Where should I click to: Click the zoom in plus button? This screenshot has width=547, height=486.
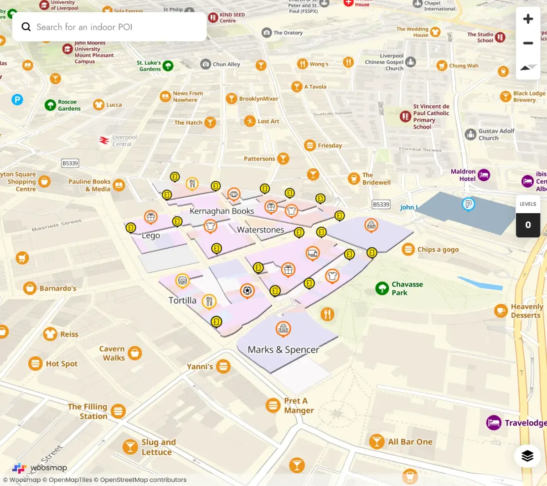point(528,19)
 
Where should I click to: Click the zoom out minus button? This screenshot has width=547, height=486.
point(528,43)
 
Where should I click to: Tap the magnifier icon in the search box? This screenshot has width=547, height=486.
point(26,27)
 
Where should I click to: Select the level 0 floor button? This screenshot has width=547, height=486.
point(528,225)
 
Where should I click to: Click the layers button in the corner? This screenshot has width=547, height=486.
point(527,455)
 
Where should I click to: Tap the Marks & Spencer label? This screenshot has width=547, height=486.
point(283,350)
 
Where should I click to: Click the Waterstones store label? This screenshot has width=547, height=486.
point(260,230)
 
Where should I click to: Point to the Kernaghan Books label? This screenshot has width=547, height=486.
point(222,211)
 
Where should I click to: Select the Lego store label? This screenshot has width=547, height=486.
point(150,235)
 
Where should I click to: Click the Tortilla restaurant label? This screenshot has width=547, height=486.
point(182,301)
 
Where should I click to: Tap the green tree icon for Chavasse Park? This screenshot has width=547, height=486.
point(382,288)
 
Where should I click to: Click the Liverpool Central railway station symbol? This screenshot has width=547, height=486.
point(104,140)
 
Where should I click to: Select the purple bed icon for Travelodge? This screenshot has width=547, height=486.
point(494,423)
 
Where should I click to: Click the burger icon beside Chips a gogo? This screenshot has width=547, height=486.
point(408,250)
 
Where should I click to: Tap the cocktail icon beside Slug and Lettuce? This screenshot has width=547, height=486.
point(130,447)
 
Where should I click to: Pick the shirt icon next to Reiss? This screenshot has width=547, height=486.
point(50,334)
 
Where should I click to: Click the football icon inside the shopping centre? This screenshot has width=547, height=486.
point(247,290)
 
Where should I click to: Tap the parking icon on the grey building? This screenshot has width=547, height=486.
point(468,204)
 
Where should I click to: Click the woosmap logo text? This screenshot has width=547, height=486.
point(48,468)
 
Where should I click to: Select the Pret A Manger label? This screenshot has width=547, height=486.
point(299,405)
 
